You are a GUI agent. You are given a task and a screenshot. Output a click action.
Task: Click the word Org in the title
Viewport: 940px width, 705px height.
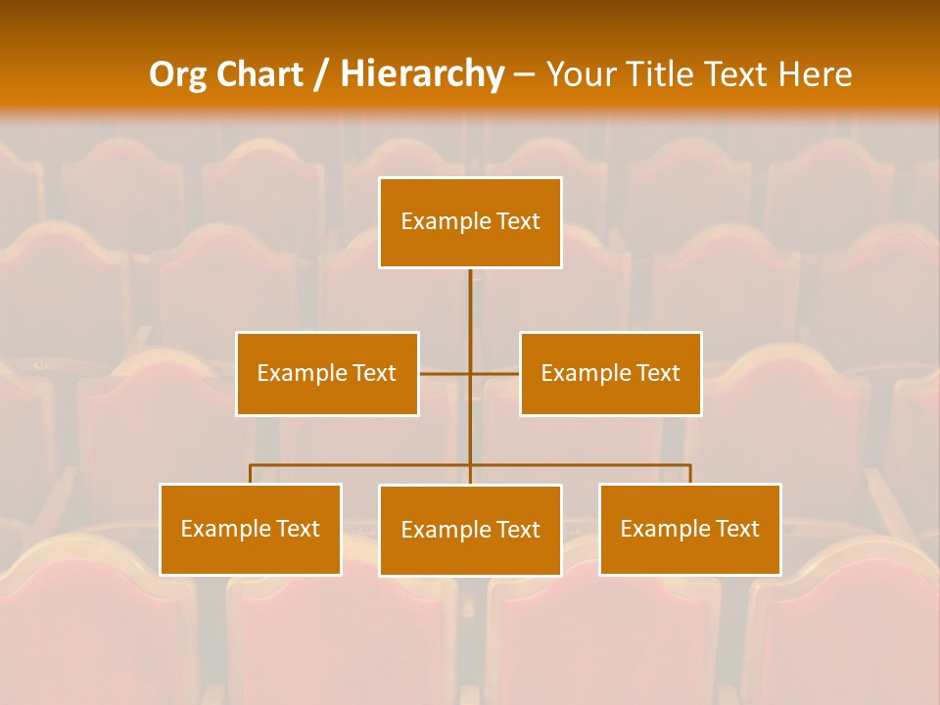[x=177, y=74]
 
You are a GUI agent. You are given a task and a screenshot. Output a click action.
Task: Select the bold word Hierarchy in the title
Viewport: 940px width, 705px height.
[x=421, y=74]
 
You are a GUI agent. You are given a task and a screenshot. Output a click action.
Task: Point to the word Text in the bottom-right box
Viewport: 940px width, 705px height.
[x=737, y=529]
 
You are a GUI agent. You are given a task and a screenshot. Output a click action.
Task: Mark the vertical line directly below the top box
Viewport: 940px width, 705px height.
[x=470, y=304]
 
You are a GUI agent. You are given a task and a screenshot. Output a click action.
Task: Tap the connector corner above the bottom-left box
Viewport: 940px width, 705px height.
[x=251, y=466]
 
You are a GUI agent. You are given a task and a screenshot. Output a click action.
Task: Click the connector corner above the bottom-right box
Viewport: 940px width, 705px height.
[x=689, y=466]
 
